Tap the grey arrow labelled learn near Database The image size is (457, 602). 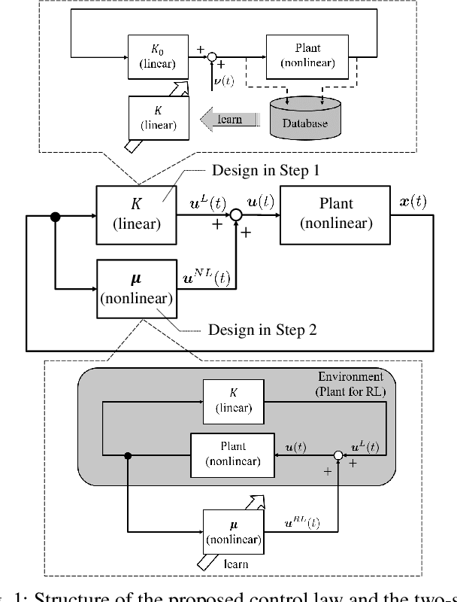point(230,118)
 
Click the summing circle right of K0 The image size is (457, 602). point(213,56)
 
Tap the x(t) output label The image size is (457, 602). point(412,202)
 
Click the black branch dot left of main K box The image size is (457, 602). point(55,217)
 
